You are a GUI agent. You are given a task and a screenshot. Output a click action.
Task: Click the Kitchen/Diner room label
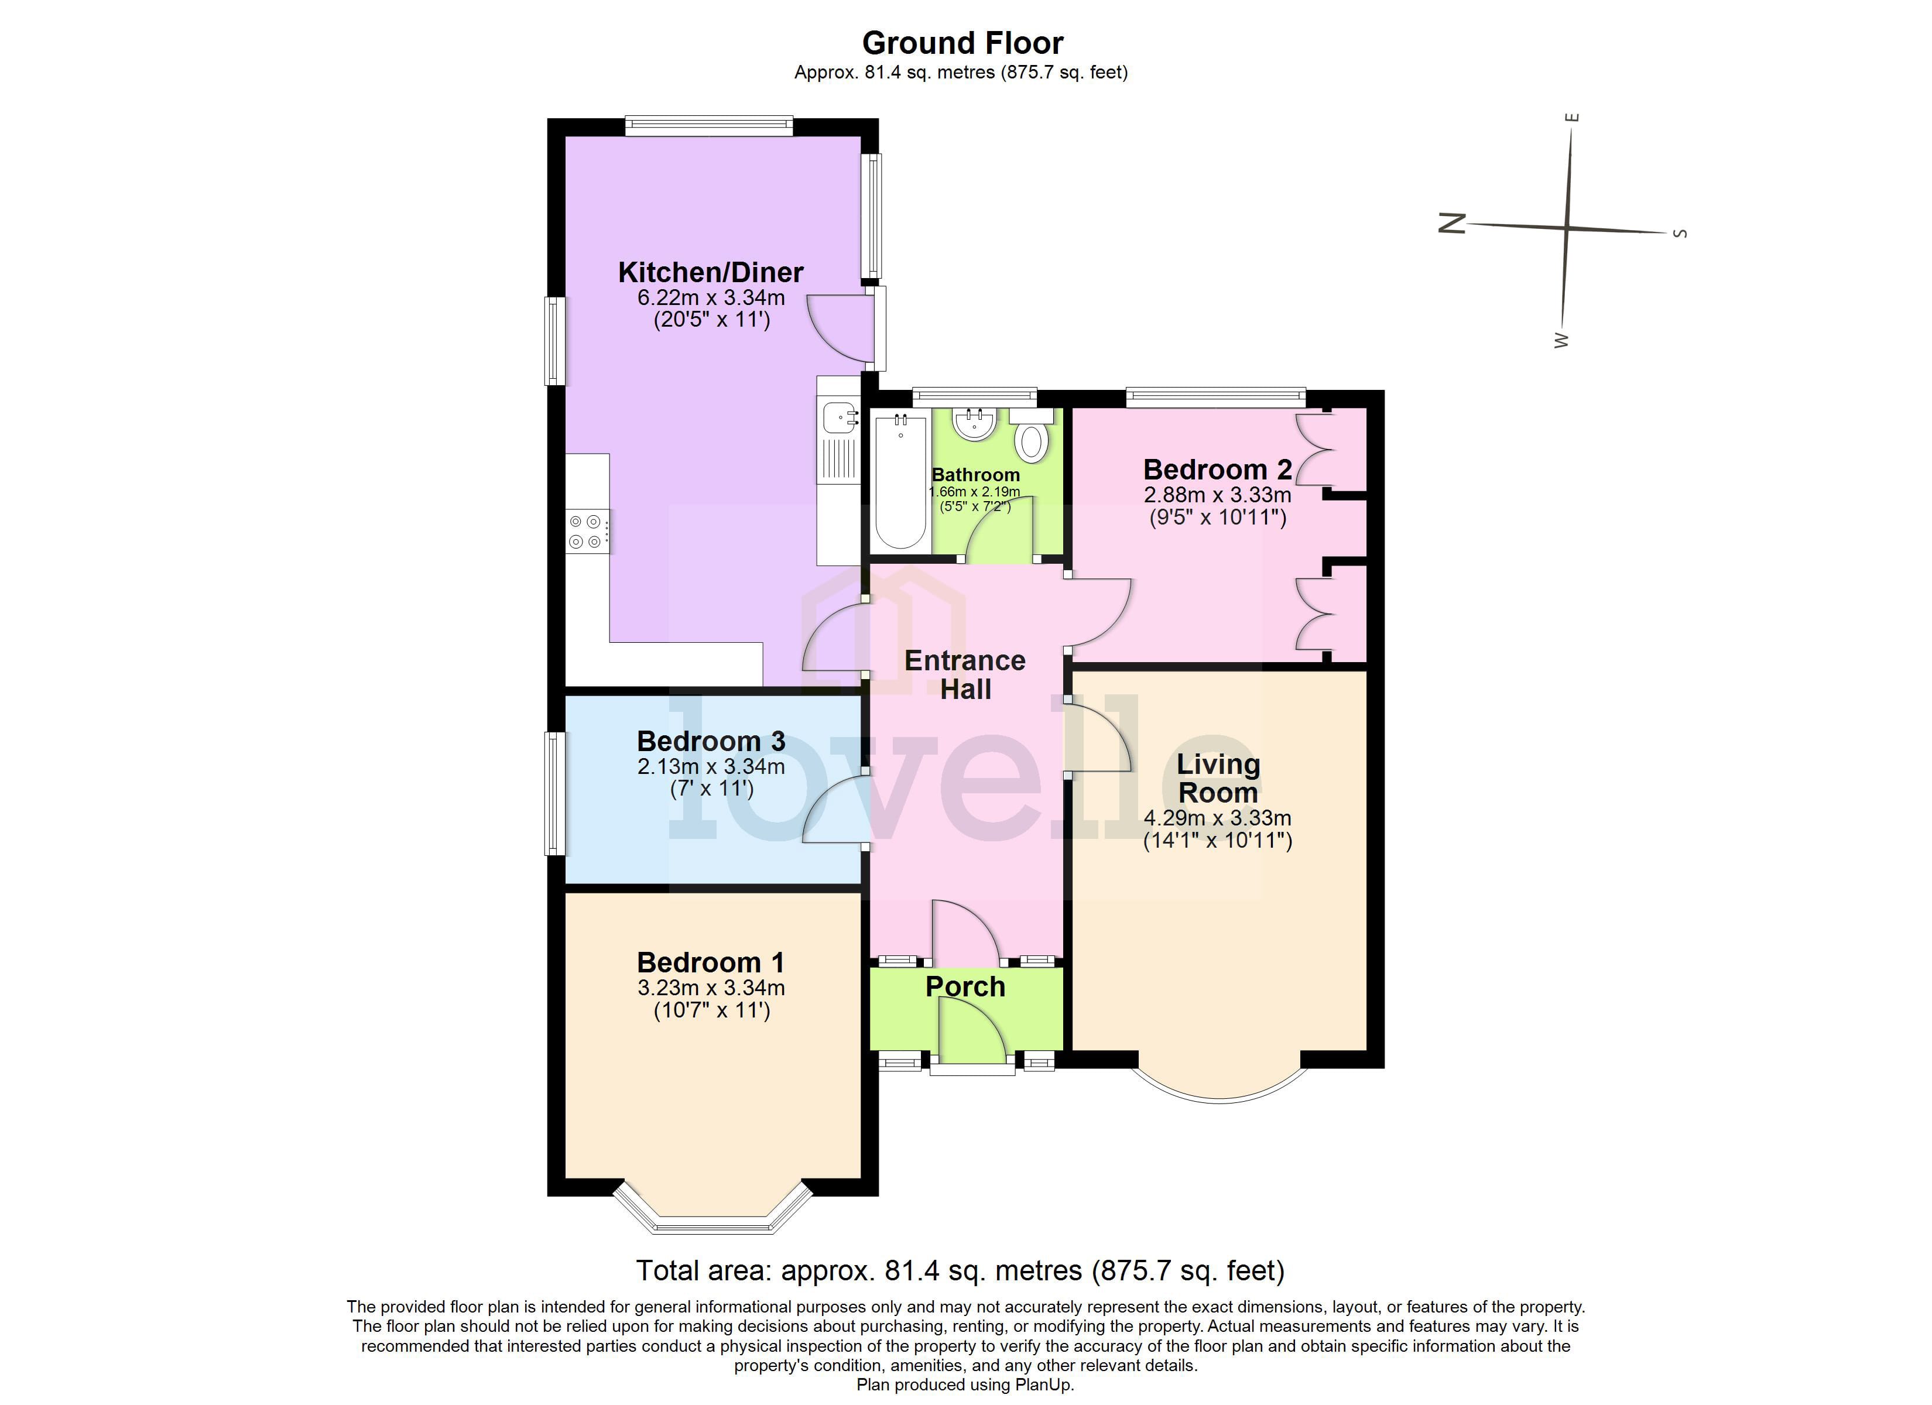coord(710,273)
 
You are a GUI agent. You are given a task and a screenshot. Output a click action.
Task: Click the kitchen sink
coord(840,417)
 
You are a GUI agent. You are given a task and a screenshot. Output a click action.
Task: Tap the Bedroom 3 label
coord(710,741)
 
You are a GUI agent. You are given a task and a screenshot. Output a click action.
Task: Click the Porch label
coord(965,986)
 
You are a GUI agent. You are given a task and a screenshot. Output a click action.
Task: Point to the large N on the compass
coord(1451,223)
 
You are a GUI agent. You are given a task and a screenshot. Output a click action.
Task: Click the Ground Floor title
coord(962,43)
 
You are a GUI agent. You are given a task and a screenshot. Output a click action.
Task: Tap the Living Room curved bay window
coord(1220,1094)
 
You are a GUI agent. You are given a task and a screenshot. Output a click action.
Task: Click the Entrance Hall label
coord(965,674)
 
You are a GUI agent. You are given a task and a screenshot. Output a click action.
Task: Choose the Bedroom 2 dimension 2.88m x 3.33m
coord(1217,495)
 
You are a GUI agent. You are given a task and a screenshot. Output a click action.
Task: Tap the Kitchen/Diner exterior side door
coord(878,328)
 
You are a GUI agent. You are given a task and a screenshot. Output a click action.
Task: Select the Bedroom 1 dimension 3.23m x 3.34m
coord(710,988)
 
